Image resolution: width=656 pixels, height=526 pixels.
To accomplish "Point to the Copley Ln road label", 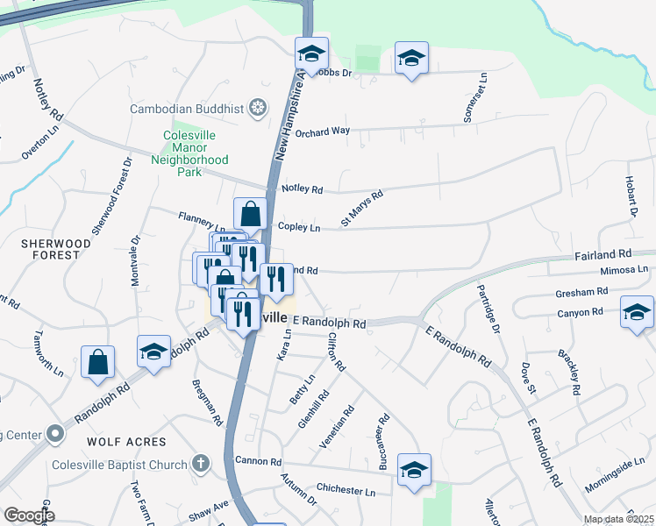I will (x=298, y=227).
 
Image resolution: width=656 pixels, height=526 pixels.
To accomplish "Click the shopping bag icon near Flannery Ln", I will (x=250, y=213).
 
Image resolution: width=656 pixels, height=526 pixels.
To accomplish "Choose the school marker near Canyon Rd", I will (x=637, y=312).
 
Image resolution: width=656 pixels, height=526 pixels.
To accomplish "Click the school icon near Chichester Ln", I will (x=414, y=469).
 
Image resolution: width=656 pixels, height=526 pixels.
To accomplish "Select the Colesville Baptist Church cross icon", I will (x=201, y=464).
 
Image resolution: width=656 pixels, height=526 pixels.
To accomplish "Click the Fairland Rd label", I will (x=621, y=254).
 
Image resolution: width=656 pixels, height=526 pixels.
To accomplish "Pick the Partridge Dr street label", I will (x=489, y=306).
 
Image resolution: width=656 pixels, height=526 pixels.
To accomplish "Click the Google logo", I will (x=28, y=515).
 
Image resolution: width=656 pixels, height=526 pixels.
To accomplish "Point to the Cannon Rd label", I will (x=258, y=461).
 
